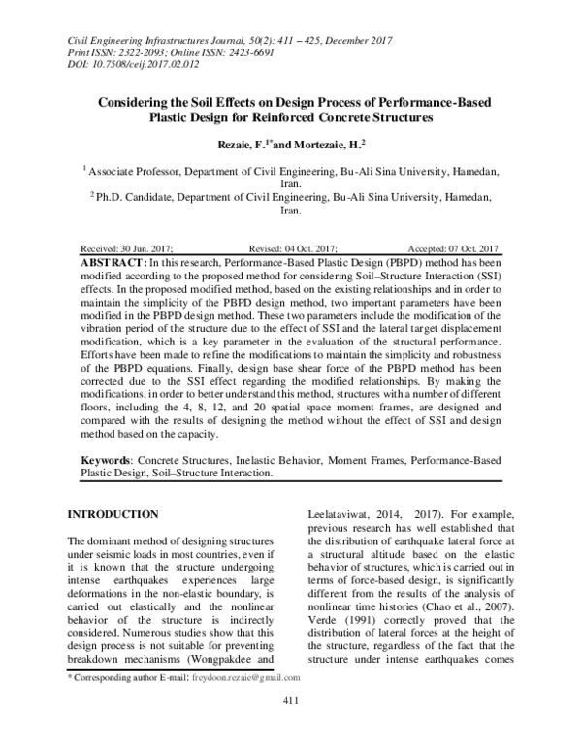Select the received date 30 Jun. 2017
coord(150,249)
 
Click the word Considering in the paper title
coord(137,100)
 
